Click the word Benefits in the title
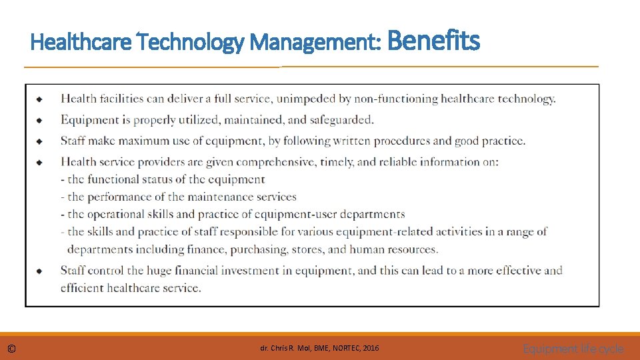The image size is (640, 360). point(433,41)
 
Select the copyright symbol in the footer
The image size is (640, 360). point(12,349)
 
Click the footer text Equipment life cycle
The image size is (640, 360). point(573,349)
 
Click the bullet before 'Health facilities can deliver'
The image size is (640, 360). point(40,99)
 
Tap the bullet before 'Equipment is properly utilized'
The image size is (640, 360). point(40,121)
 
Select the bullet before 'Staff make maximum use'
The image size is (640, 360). point(40,141)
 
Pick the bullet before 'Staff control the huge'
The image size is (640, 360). point(40,271)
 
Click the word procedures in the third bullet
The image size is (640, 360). point(402,141)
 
